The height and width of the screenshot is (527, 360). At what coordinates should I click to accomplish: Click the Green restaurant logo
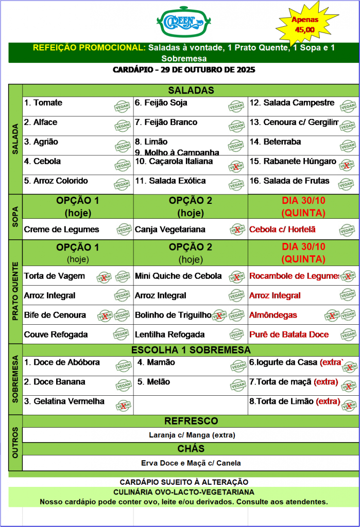180,22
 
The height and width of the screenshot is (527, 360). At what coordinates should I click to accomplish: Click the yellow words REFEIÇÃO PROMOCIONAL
88,47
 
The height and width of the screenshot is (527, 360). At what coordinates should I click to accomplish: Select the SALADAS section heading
191,91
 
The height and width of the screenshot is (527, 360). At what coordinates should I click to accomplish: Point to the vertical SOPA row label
15,216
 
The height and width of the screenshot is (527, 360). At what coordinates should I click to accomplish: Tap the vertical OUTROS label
15,442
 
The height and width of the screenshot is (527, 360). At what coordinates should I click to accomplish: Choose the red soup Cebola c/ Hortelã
283,230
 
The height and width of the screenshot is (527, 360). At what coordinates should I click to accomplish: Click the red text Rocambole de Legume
294,276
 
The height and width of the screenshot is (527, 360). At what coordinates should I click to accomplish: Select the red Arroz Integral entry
275,295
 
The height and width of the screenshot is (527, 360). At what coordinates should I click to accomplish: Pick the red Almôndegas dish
273,315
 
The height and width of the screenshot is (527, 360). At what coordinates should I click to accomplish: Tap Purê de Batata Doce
289,335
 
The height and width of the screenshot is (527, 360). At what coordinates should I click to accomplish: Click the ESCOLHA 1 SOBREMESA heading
191,350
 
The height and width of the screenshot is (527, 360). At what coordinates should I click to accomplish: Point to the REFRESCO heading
191,421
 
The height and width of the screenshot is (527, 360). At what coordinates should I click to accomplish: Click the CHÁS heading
191,449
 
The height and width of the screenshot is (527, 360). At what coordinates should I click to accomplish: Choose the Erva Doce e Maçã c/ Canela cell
191,463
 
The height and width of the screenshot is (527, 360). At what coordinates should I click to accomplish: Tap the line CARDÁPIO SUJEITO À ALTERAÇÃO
184,482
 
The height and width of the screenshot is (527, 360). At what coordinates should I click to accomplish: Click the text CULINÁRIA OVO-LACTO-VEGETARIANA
184,492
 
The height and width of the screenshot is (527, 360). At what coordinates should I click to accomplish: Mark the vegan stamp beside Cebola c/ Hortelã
347,230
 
